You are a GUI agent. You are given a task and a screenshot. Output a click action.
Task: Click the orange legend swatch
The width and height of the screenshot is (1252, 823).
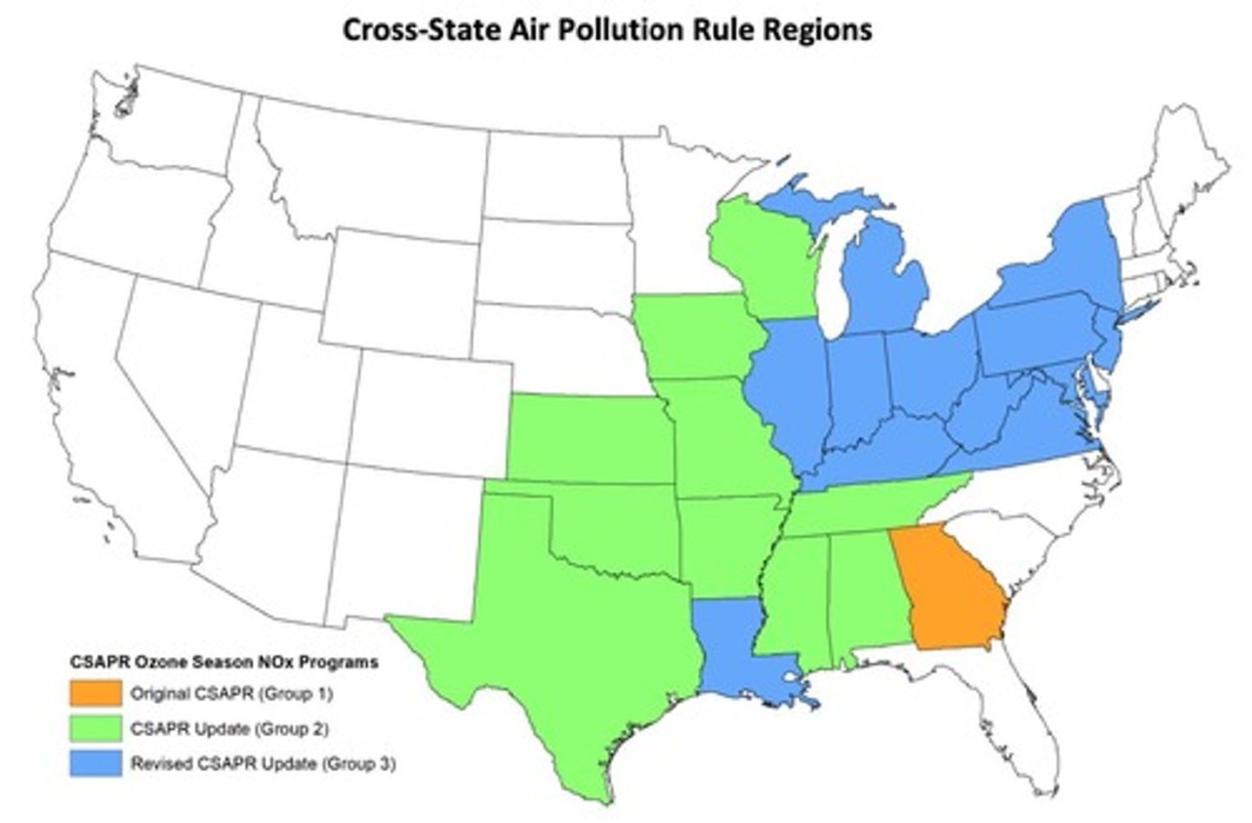(96, 694)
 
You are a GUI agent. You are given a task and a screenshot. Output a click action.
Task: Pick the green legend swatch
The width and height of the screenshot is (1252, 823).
(96, 728)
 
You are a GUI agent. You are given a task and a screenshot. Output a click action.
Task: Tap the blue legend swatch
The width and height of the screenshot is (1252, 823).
(96, 763)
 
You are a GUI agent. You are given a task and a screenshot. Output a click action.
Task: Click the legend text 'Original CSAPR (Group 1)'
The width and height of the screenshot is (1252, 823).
(231, 694)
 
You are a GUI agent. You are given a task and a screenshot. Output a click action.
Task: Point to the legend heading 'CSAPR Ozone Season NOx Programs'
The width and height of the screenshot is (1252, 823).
(224, 662)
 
